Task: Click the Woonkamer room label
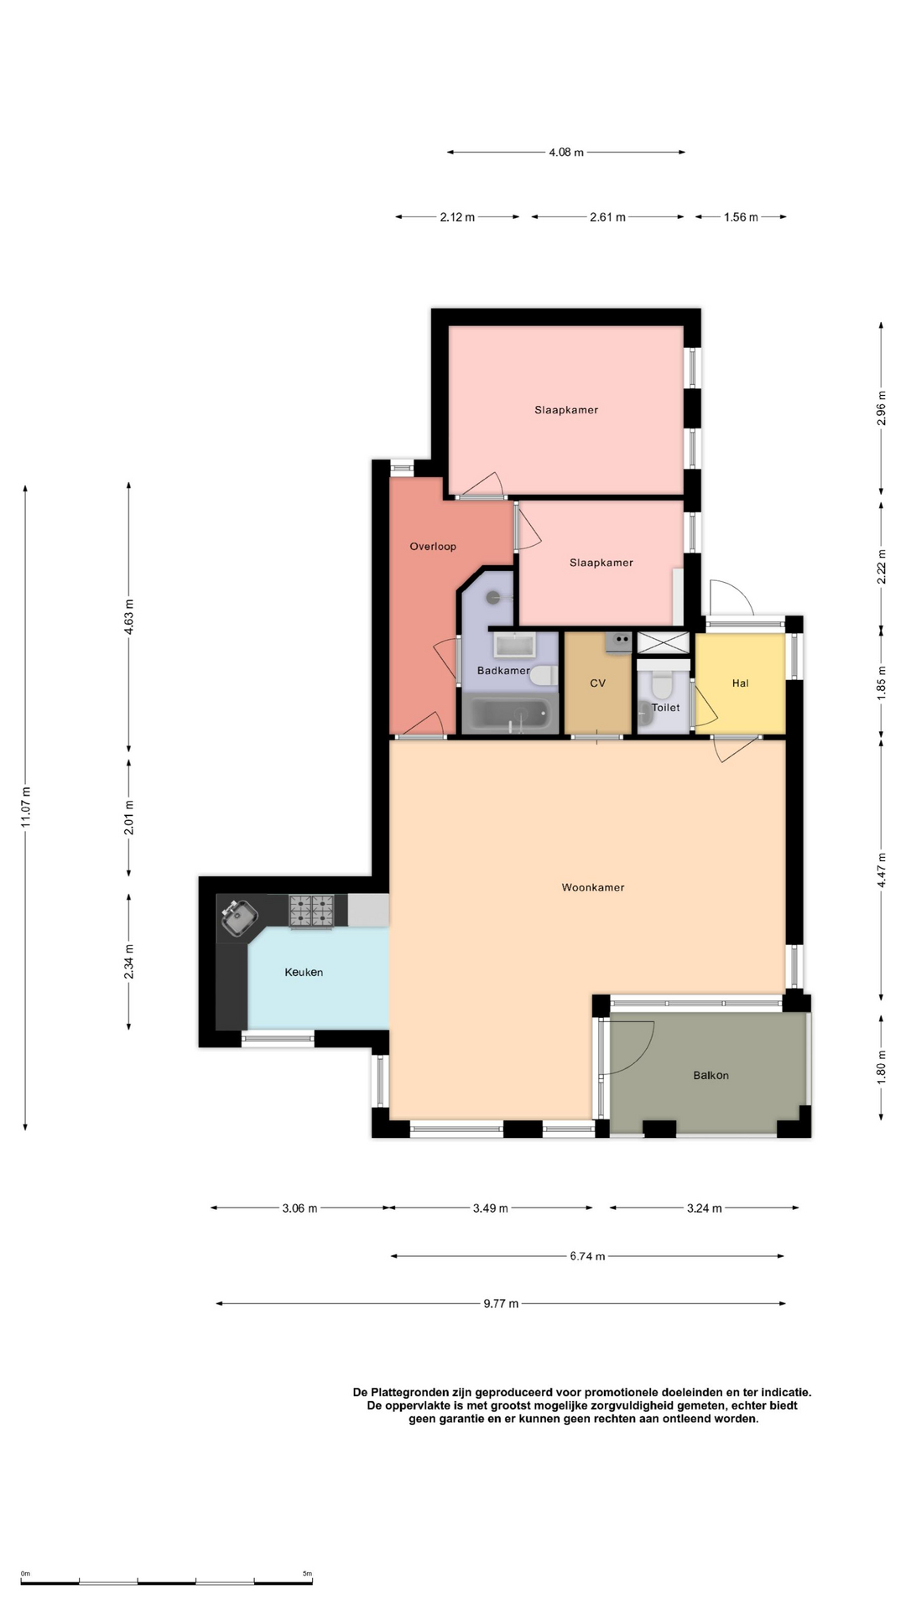coord(593,887)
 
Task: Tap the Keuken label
coord(304,973)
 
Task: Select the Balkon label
coord(711,1075)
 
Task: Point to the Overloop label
coord(433,547)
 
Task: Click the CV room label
coord(597,683)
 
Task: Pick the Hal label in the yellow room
coord(740,683)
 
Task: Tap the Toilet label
coord(666,708)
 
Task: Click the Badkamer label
coord(503,671)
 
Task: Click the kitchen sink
coord(238,915)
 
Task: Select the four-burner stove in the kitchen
coord(311,911)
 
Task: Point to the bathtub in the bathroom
coord(510,714)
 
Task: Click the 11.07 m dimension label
coord(26,808)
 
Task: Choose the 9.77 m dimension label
coord(501,1304)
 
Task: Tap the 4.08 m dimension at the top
coord(566,153)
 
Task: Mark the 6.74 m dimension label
coord(587,1256)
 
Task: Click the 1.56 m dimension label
coord(741,217)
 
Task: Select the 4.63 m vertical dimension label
coord(129,617)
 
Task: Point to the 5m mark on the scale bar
coord(307,1574)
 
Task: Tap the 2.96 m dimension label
coord(881,408)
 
